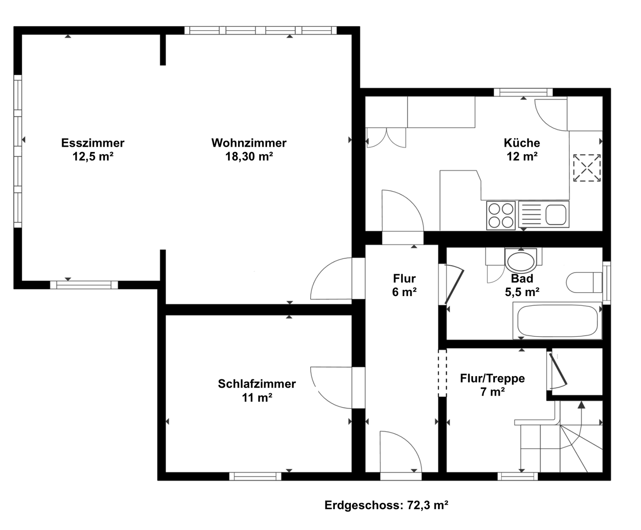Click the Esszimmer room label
(93, 143)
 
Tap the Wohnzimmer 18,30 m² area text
(249, 157)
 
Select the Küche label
(522, 143)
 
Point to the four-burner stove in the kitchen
(501, 215)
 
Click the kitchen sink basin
(556, 215)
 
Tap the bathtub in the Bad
(557, 321)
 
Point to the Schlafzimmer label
(257, 384)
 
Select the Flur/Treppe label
(492, 378)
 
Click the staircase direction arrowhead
(581, 405)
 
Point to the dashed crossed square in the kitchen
(587, 168)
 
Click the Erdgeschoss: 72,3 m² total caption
(386, 505)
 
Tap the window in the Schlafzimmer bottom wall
(255, 476)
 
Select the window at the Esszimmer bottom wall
(84, 285)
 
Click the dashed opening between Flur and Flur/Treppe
(442, 373)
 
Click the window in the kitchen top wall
(523, 92)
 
